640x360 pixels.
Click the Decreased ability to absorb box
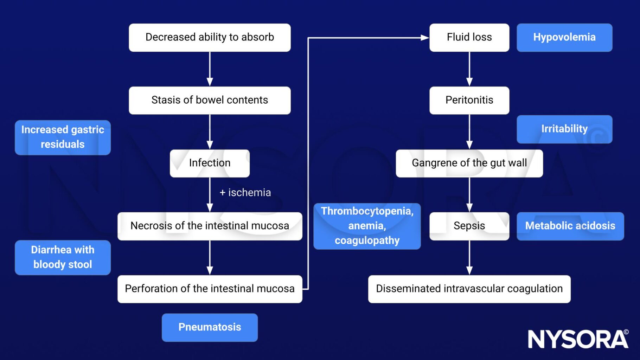click(210, 38)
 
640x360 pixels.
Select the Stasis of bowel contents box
click(210, 100)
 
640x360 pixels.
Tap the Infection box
click(210, 163)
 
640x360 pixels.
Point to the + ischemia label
click(245, 193)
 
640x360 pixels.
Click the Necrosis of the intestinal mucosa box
click(210, 226)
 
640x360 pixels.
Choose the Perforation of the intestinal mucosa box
click(210, 289)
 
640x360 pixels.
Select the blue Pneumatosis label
click(210, 327)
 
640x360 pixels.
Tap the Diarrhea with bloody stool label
click(63, 257)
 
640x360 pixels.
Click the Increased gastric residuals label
click(63, 137)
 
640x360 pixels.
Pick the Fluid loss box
click(469, 38)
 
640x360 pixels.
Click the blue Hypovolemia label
click(564, 38)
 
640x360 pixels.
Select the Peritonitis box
click(469, 100)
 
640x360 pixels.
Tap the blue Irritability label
click(564, 129)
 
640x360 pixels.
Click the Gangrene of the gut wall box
click(469, 163)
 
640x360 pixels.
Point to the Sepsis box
click(469, 226)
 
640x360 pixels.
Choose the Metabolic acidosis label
click(570, 226)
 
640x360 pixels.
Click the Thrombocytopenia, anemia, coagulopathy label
click(367, 226)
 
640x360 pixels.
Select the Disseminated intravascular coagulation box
click(469, 289)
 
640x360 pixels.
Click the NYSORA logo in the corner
click(578, 339)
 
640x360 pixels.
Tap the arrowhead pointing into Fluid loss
click(425, 38)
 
